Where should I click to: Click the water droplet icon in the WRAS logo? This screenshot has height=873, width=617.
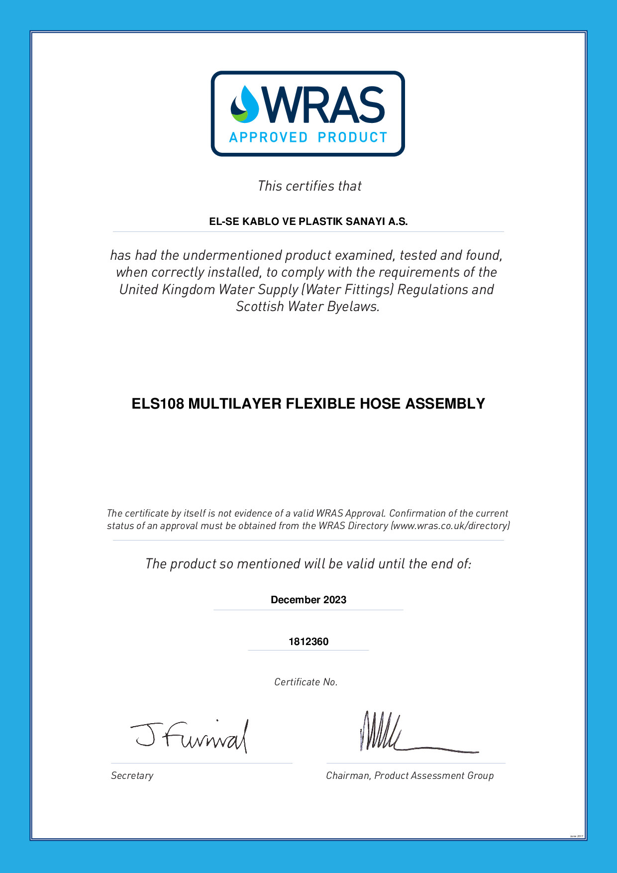[x=245, y=105]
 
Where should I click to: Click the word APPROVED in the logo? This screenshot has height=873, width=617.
[x=268, y=137]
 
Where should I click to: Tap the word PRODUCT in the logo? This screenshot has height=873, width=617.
[x=352, y=137]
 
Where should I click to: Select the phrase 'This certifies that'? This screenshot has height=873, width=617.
[x=309, y=186]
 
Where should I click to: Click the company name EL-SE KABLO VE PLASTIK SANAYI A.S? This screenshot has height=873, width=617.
[x=308, y=222]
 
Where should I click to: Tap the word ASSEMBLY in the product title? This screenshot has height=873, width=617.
[x=445, y=404]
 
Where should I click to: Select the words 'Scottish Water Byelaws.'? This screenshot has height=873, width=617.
[x=308, y=307]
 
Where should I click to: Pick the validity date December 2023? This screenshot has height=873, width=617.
[x=308, y=600]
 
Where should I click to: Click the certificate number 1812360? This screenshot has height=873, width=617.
[x=308, y=642]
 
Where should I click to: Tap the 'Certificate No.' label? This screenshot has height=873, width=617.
[x=306, y=682]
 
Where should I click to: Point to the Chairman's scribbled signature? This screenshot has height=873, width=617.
[x=398, y=734]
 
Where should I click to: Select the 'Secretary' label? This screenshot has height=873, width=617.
[x=132, y=776]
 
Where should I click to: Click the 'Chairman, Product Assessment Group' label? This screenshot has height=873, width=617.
[x=410, y=776]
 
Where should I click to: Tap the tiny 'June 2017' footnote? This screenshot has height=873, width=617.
[x=576, y=836]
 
